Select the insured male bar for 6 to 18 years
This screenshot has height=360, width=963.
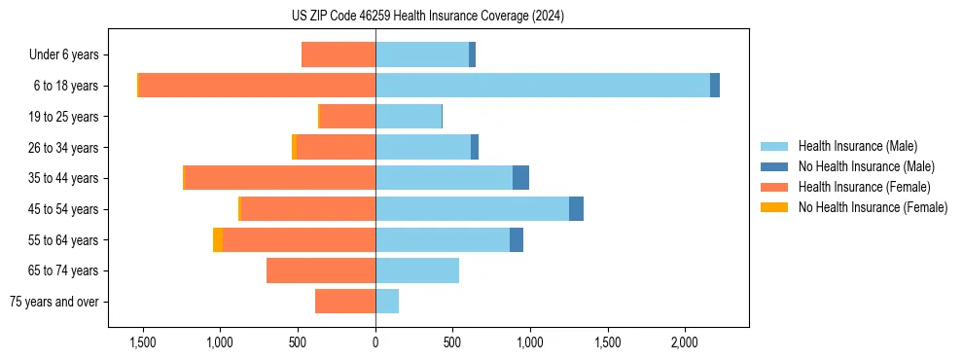543,86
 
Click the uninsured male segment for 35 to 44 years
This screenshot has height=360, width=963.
520,178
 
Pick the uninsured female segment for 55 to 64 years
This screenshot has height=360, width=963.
218,239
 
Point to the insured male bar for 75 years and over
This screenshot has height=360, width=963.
387,302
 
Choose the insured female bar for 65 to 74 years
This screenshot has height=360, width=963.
321,270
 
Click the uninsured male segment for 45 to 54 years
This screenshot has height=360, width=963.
576,209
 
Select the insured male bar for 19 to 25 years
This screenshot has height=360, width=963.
409,117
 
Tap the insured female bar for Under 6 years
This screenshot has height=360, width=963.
339,54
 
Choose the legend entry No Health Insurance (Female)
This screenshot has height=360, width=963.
873,207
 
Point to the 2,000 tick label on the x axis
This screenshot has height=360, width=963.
684,343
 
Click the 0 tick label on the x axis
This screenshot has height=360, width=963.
375,343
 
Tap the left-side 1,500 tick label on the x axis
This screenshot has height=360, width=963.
143,343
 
